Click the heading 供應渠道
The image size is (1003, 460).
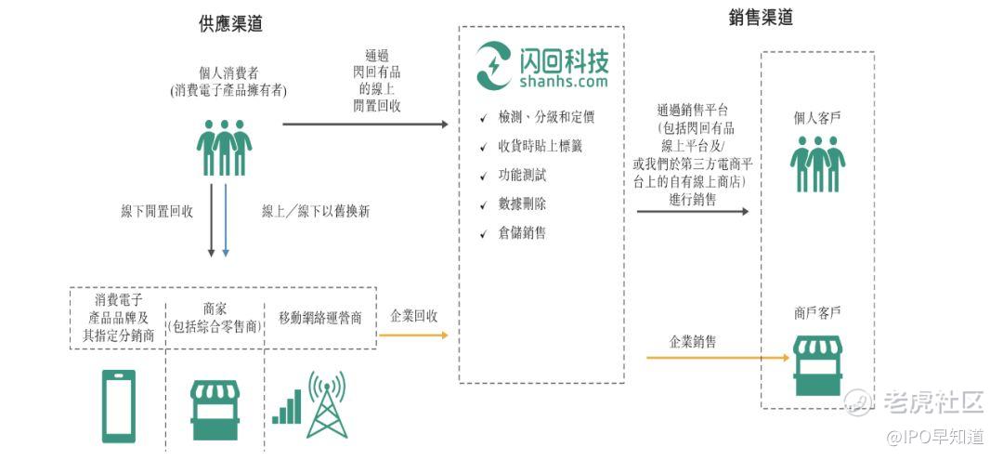(x=230, y=23)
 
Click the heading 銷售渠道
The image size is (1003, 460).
(x=761, y=18)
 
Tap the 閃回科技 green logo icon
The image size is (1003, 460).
(x=494, y=65)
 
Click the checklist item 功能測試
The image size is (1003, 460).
(x=522, y=176)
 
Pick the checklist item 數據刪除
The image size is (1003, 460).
(x=522, y=204)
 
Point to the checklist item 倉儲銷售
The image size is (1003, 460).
(x=522, y=233)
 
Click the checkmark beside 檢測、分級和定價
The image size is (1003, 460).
(x=484, y=118)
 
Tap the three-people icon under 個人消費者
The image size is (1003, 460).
(x=224, y=148)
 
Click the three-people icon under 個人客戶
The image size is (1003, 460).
(x=817, y=164)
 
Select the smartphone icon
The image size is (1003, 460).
(x=119, y=406)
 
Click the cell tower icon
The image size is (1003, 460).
(x=327, y=404)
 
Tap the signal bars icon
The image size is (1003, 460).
(x=287, y=407)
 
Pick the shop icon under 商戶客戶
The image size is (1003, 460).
(x=817, y=366)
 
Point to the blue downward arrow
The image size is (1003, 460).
(x=225, y=221)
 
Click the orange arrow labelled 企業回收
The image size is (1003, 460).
(x=413, y=335)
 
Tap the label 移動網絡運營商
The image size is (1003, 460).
(x=320, y=318)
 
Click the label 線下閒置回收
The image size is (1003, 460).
(x=157, y=212)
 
